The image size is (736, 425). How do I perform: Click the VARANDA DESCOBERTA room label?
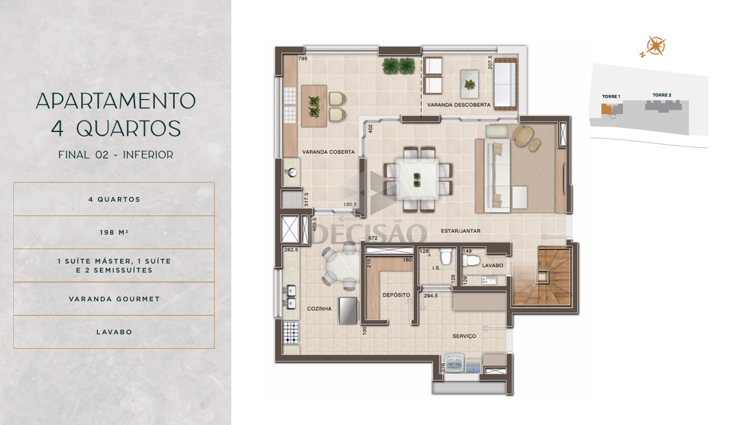[x=458, y=105]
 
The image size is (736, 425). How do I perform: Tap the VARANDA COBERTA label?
[x=328, y=152]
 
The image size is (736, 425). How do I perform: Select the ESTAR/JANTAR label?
[x=460, y=231]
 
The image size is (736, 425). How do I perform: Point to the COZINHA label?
[x=319, y=309]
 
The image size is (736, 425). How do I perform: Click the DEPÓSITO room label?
[x=397, y=295]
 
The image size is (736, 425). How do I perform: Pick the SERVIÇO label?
[x=464, y=336]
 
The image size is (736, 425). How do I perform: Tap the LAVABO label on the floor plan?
[x=493, y=265]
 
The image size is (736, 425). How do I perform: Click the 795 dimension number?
[x=303, y=59]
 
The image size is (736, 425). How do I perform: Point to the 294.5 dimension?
[x=430, y=296]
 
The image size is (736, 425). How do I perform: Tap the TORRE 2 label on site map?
[x=661, y=95]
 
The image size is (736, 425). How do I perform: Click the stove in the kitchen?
[x=291, y=333]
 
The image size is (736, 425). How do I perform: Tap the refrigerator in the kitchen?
[x=348, y=311]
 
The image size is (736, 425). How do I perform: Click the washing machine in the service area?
[x=454, y=363]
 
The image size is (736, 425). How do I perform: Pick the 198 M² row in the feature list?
[x=114, y=232]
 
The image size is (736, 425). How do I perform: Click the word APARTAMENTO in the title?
[x=115, y=101]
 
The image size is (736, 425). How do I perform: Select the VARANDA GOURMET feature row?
[x=114, y=299]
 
